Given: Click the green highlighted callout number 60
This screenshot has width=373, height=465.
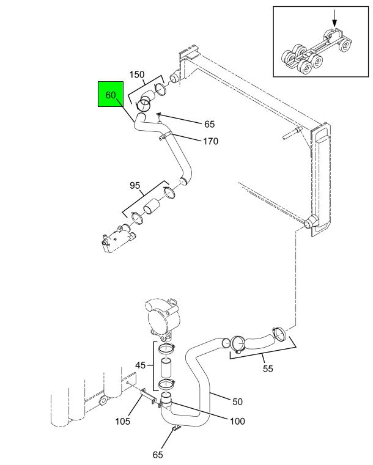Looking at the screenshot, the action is pos(111,95).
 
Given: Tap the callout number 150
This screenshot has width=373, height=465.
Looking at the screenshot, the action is pos(137,75).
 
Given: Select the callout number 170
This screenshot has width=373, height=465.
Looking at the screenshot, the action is pos(210,141).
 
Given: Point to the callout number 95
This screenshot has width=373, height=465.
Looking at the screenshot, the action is pos(135,185).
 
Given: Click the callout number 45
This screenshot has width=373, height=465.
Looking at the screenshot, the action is pos(141,365).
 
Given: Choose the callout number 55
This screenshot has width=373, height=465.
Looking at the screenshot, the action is pos(268,368).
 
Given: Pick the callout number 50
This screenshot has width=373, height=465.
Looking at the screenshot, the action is pos(237,401).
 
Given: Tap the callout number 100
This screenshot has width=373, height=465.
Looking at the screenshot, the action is pos(237,421).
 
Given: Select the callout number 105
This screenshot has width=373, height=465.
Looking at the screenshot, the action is pos(122,421).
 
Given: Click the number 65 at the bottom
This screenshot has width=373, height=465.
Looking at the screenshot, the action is pos(158,455).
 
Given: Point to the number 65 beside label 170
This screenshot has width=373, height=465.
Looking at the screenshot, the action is pos(209,124).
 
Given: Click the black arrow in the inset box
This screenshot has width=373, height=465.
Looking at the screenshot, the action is pos(334,18).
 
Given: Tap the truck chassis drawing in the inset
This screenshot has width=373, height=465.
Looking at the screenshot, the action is pos(316,51).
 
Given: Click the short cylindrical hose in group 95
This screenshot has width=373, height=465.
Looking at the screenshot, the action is pos(151,206).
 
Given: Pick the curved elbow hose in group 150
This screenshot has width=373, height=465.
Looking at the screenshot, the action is pos(146,100).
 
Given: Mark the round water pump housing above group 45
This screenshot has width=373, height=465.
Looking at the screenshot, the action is pos(163,320).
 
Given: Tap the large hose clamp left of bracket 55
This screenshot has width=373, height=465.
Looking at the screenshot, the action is pos(238,344).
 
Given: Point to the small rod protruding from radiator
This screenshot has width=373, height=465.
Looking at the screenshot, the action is pos(292,133).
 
